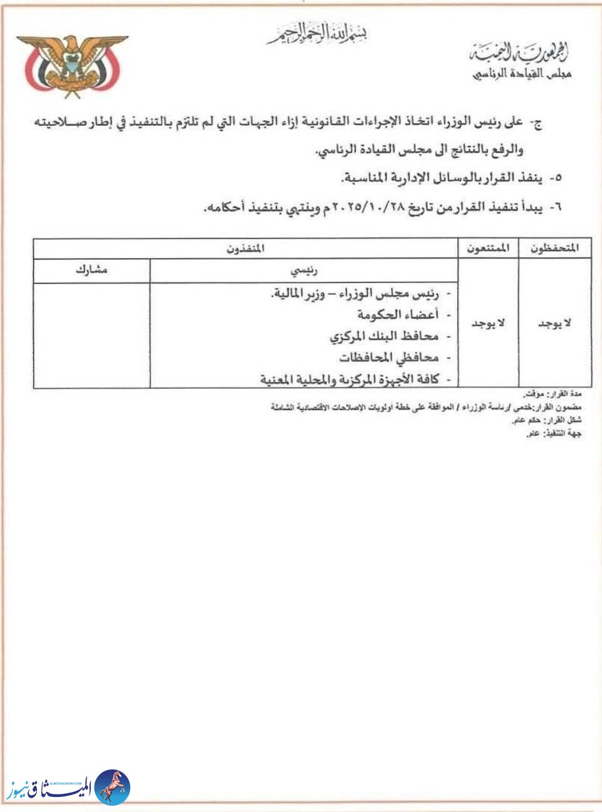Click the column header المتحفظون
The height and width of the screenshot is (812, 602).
coord(554,248)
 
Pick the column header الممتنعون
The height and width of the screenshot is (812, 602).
coord(488,248)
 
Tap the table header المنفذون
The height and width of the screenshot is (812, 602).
coord(245,248)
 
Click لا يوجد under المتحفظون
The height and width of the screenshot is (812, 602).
coord(554,324)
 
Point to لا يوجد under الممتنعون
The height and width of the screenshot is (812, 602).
coord(488,324)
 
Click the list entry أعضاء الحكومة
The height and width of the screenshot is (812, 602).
coord(397,316)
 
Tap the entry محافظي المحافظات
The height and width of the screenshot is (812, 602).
coord(388,358)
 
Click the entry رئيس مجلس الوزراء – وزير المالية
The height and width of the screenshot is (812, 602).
coord(354,294)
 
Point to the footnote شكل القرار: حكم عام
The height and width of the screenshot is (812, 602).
coord(547,421)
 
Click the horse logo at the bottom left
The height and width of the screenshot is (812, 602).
coord(114,786)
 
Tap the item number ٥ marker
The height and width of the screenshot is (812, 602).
coord(556,178)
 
